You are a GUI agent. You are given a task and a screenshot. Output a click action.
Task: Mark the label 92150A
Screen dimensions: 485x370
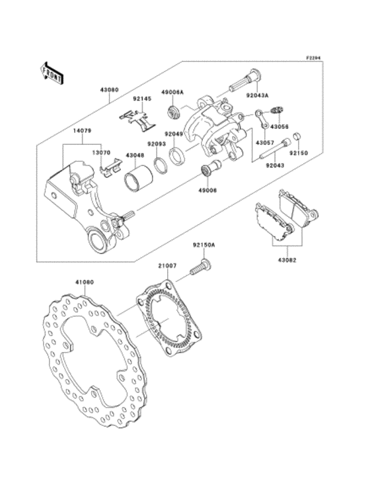[x=204, y=245]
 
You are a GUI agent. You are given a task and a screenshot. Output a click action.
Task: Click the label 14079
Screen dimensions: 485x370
[x=83, y=131]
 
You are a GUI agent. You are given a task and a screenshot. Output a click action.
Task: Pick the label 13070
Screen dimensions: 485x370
[x=100, y=152]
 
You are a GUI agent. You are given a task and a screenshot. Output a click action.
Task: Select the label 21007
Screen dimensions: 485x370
[x=166, y=265]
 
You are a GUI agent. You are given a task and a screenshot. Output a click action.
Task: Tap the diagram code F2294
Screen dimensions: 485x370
[x=313, y=58]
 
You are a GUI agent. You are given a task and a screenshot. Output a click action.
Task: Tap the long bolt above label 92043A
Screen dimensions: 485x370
[x=242, y=83]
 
